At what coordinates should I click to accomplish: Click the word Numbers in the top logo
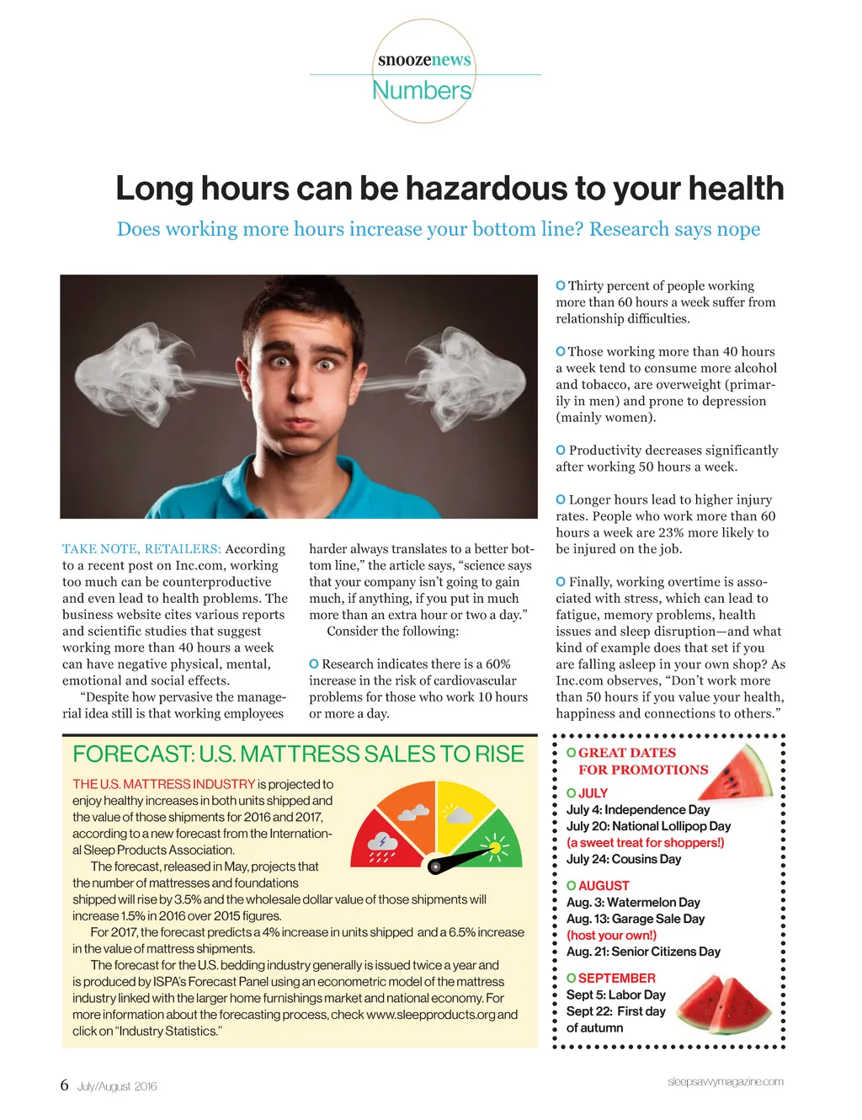tap(422, 90)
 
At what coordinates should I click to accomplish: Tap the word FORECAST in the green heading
tap(133, 755)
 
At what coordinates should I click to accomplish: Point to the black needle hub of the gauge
tap(435, 866)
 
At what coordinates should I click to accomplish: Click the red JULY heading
tap(593, 793)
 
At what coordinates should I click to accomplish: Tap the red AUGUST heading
tap(604, 886)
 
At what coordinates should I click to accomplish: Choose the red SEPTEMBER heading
tap(616, 979)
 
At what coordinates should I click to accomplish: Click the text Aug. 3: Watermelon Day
tap(633, 903)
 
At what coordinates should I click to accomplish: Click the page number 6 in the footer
tap(64, 1085)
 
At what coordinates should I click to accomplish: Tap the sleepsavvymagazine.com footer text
tap(725, 1082)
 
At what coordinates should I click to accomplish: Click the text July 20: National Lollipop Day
tap(648, 826)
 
